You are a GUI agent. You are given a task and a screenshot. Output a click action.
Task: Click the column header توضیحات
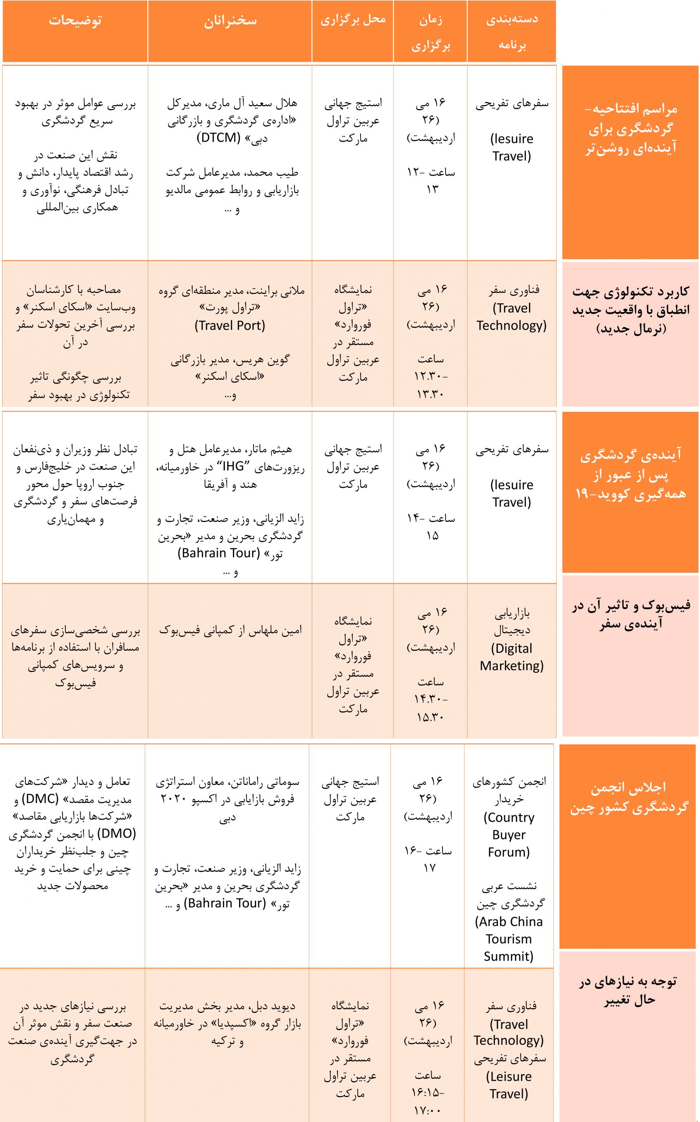pos(75,21)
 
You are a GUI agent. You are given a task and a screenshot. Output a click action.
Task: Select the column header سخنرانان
pos(230,21)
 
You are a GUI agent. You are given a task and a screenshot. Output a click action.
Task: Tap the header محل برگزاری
pos(353,20)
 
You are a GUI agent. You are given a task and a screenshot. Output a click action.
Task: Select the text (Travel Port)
pos(230,326)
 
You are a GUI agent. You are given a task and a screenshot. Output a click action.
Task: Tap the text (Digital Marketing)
pos(511,657)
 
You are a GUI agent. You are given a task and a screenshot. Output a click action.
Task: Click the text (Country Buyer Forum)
pos(509,835)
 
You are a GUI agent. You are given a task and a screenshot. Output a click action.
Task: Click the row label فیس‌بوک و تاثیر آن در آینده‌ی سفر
pos(631,614)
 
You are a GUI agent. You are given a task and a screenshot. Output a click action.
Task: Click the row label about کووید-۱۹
pos(631,475)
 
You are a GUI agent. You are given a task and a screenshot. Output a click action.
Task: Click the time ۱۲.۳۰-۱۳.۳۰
pos(431,386)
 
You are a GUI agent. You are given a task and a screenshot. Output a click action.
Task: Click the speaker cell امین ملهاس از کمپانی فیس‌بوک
pos(230,630)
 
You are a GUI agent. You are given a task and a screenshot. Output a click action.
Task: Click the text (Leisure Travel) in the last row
pos(509,1085)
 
